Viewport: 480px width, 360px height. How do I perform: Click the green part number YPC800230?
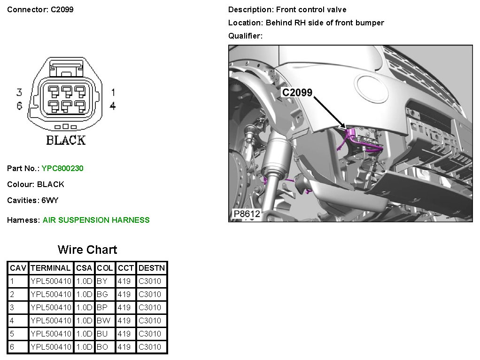tap(62, 168)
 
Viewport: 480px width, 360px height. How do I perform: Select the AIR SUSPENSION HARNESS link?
tap(96, 220)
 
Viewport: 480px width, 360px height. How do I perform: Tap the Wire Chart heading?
tap(87, 250)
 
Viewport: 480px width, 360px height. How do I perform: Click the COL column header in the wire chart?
tap(105, 268)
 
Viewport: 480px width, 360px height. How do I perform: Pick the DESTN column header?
tap(152, 268)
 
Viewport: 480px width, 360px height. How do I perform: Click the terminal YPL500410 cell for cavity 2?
tap(51, 294)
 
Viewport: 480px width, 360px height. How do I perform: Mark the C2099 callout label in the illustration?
tap(297, 93)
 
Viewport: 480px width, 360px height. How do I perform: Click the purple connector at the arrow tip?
tap(351, 133)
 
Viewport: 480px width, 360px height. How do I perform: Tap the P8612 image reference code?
tap(247, 214)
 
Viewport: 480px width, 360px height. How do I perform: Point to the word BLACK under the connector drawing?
tap(66, 141)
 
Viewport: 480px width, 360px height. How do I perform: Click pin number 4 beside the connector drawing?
tap(113, 106)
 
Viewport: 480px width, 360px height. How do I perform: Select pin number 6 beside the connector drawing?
tap(19, 106)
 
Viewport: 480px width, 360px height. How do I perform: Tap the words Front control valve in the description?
tap(311, 9)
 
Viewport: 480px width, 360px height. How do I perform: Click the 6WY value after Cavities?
tap(50, 200)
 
